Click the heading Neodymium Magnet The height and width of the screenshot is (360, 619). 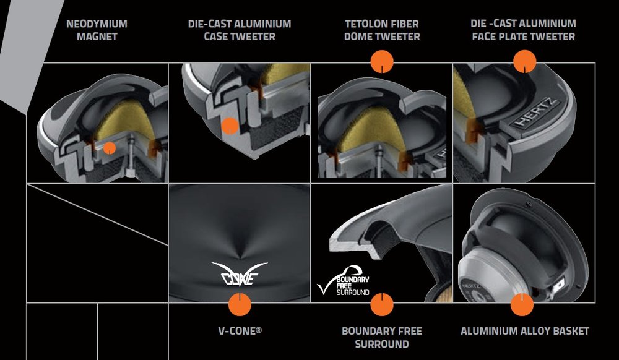[97, 30]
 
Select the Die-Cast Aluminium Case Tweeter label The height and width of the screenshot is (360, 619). [240, 30]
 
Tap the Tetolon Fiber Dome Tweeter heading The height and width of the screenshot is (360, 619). [382, 30]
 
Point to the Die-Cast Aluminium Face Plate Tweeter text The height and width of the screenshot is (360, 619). [524, 30]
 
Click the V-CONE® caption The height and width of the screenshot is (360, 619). [240, 330]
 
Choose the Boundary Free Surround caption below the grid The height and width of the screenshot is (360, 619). [382, 337]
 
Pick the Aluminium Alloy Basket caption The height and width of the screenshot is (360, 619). [525, 331]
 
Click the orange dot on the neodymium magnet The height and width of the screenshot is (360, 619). [110, 148]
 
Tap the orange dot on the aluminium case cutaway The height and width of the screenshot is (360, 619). [230, 126]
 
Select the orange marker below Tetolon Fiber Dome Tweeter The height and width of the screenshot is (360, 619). [382, 62]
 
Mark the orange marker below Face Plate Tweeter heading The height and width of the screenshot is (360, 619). [525, 62]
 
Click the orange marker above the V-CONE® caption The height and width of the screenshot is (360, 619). [240, 304]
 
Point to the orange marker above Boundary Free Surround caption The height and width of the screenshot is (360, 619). [382, 304]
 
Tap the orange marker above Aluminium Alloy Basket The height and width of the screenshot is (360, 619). [522, 304]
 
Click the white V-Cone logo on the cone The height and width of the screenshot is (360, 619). [239, 274]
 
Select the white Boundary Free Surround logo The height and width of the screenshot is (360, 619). [344, 281]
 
